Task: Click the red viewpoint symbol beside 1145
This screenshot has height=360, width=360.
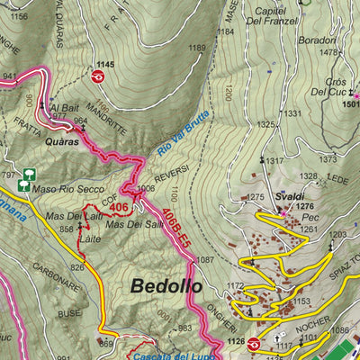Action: click(98, 76)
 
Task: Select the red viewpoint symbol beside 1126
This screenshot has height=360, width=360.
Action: click(255, 343)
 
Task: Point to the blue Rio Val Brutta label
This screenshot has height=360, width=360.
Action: click(183, 136)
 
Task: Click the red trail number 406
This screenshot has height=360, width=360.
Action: click(119, 209)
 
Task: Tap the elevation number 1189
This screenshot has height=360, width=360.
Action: click(197, 48)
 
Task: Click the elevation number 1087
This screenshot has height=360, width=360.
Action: click(205, 260)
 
